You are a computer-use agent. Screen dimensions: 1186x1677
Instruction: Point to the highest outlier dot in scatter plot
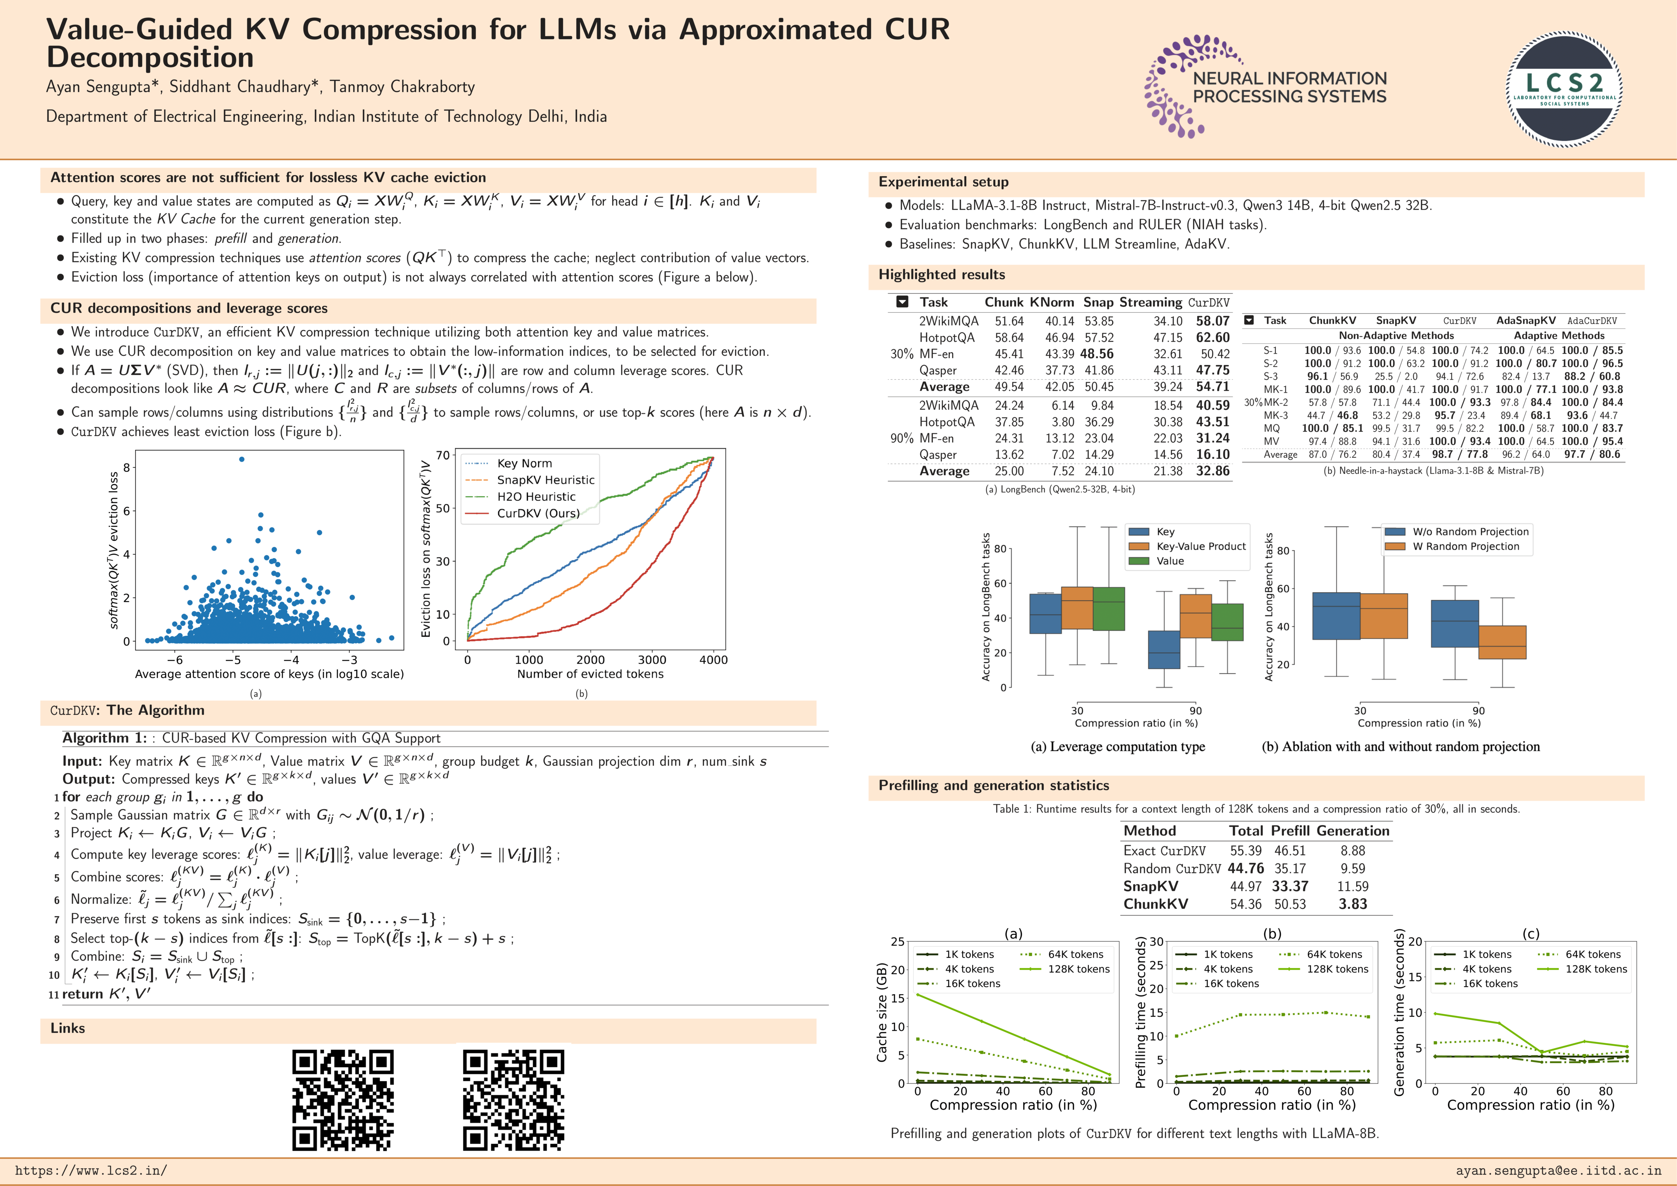pos(242,459)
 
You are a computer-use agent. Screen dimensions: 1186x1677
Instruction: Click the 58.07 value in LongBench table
pos(1212,321)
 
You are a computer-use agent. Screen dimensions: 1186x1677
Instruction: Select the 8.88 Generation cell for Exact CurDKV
pos(1353,851)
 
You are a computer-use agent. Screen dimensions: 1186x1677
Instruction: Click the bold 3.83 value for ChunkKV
pos(1353,904)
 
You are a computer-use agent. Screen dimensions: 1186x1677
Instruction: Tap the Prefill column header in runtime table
pos(1290,831)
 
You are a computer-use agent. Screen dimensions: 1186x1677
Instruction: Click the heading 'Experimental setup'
pos(943,182)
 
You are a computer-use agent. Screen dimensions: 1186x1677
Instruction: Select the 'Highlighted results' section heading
pos(942,275)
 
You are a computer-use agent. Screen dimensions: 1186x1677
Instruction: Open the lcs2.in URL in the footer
pos(91,1171)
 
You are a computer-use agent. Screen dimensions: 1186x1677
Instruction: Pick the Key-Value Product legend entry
pos(1201,546)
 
